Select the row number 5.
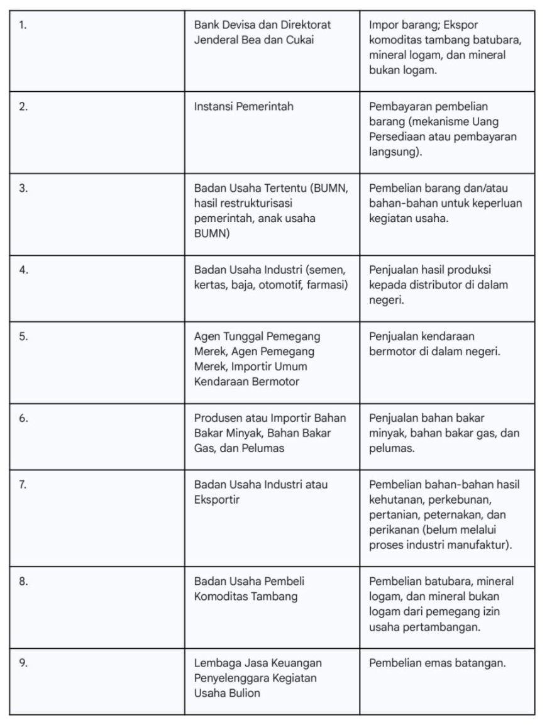[x=23, y=336]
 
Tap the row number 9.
[x=23, y=663]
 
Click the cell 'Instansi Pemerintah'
[x=243, y=106]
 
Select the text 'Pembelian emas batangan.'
[x=437, y=663]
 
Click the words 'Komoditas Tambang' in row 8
[x=245, y=597]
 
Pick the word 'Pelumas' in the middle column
[x=266, y=448]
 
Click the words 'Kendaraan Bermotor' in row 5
[x=246, y=382]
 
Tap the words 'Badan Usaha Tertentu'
[x=248, y=188]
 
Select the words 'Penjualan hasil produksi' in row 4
[x=430, y=270]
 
